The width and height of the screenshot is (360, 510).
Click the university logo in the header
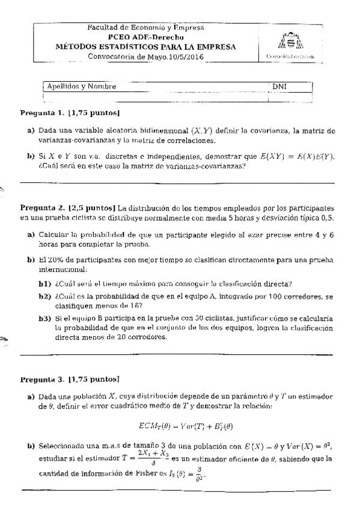click(290, 41)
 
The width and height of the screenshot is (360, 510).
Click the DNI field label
click(279, 87)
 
